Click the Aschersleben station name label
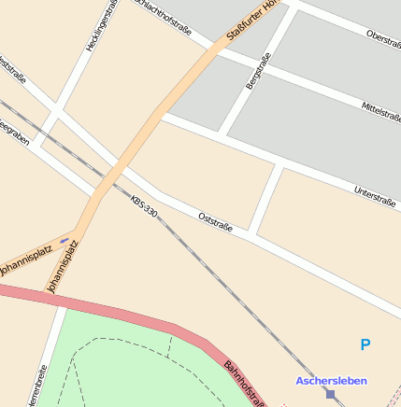pyautogui.click(x=331, y=381)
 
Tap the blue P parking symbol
pyautogui.click(x=365, y=345)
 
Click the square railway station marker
pyautogui.click(x=330, y=395)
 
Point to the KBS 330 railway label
pyautogui.click(x=145, y=207)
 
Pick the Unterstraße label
pyautogui.click(x=376, y=195)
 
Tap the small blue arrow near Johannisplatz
pyautogui.click(x=64, y=240)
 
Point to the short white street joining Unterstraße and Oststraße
pyautogui.click(x=265, y=198)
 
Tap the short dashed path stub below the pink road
pyautogui.click(x=169, y=344)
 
